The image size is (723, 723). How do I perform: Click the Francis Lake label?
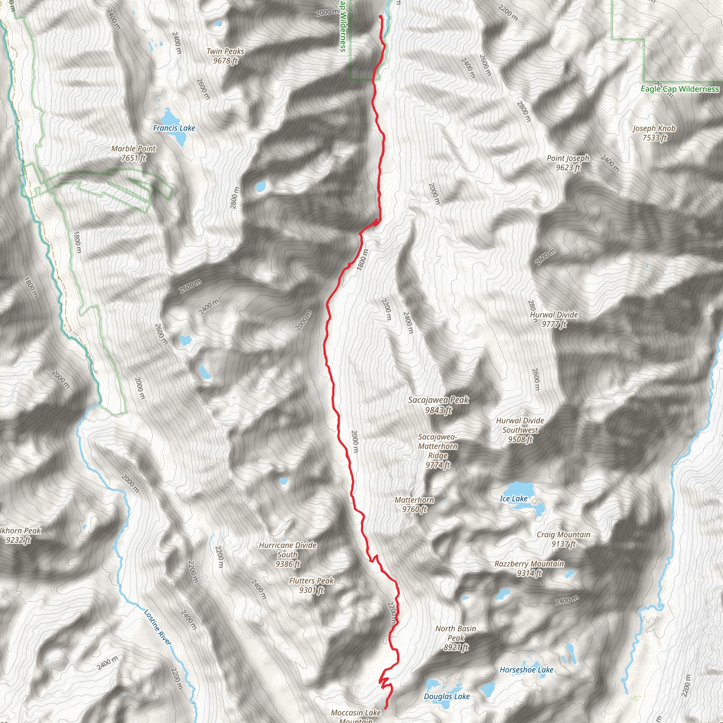pos(174,128)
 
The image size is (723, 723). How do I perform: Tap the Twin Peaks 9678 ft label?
pos(225,56)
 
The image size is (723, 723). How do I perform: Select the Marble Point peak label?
pos(133,154)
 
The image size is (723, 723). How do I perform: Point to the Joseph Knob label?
pos(654,133)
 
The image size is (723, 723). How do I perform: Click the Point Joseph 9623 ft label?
pos(568,163)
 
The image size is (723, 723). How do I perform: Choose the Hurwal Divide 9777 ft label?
pos(554,319)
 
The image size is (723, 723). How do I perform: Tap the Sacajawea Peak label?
pos(438,405)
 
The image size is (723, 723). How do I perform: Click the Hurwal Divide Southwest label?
pos(520,430)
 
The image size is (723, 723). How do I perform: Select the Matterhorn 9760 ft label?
pos(414,504)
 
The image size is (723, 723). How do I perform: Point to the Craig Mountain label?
pos(563,539)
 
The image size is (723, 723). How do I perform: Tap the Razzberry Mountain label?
pos(529,568)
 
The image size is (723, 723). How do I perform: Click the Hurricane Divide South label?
pos(287,554)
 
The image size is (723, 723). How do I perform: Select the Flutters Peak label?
pos(311,585)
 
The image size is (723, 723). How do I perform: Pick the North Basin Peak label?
pos(455,638)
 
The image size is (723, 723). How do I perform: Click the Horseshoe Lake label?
pos(526,669)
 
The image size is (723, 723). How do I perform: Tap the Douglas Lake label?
pos(447,696)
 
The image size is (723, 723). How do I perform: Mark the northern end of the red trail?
pos(380,16)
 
